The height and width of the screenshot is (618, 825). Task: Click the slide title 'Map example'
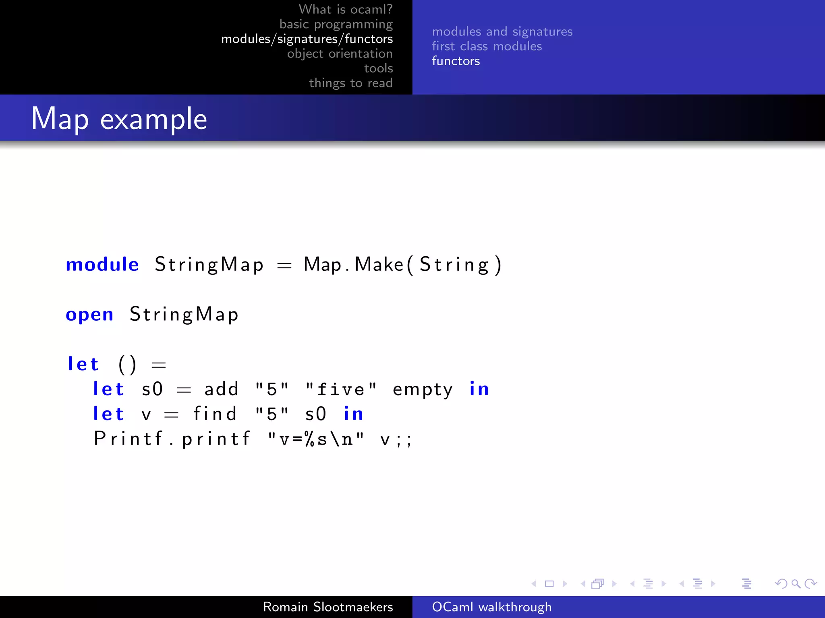pyautogui.click(x=119, y=119)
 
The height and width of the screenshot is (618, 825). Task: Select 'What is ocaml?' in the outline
pyautogui.click(x=345, y=9)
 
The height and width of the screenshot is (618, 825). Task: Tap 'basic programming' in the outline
pyautogui.click(x=336, y=24)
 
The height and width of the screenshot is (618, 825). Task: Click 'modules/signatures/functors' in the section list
pyautogui.click(x=307, y=39)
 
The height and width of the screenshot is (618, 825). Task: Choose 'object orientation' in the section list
pyautogui.click(x=340, y=54)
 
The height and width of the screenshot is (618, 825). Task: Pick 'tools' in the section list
pyautogui.click(x=378, y=68)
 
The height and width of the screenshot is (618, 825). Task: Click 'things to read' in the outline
pyautogui.click(x=350, y=83)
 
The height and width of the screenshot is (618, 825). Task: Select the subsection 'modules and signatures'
pyautogui.click(x=502, y=31)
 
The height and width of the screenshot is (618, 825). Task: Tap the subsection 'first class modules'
pyautogui.click(x=487, y=46)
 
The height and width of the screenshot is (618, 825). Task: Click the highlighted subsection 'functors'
pyautogui.click(x=456, y=61)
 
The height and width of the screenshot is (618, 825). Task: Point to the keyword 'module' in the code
pyautogui.click(x=102, y=264)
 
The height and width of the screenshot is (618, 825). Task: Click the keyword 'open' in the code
pyautogui.click(x=89, y=314)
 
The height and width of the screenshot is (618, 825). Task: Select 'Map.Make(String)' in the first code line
pyautogui.click(x=402, y=265)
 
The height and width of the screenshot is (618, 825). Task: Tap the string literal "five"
pyautogui.click(x=341, y=389)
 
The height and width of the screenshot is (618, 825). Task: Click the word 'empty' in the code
pyautogui.click(x=423, y=390)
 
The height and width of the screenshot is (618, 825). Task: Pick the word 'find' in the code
pyautogui.click(x=215, y=414)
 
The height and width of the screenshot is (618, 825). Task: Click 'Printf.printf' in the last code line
pyautogui.click(x=172, y=439)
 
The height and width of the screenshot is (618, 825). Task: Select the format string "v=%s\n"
pyautogui.click(x=316, y=439)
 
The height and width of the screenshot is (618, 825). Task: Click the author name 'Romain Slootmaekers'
pyautogui.click(x=328, y=607)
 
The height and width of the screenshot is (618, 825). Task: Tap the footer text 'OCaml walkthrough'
pyautogui.click(x=491, y=607)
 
